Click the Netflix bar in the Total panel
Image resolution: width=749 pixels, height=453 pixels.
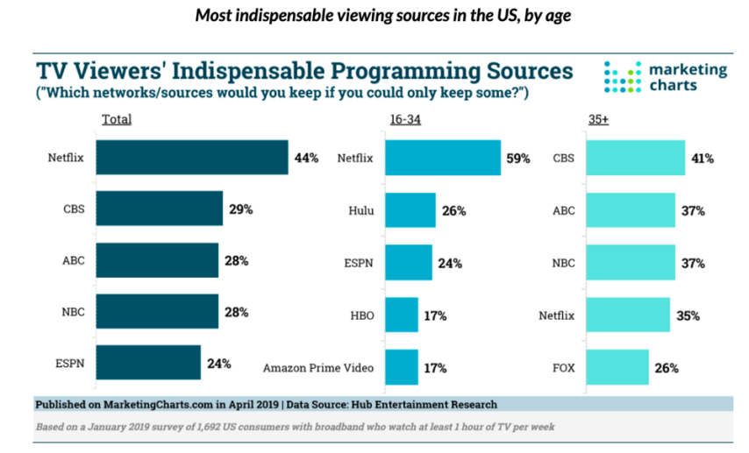coord(191,158)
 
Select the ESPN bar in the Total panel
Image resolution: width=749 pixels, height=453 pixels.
coord(147,362)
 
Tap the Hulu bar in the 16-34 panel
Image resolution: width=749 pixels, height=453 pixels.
coord(410,210)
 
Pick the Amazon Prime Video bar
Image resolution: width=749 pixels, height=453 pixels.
coord(402,367)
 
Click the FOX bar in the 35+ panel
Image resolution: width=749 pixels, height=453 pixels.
coord(614,367)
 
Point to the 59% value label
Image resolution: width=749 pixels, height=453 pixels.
coord(518,159)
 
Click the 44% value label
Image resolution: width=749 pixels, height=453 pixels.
coord(306,158)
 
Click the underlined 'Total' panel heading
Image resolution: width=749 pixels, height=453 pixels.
coord(117,119)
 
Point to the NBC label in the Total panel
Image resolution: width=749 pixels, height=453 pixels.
coord(73,311)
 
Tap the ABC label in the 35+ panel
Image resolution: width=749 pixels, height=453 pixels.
coord(563,210)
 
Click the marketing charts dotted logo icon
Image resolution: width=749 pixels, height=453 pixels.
coord(623,77)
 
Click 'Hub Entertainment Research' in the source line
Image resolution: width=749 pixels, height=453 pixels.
coord(420,404)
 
